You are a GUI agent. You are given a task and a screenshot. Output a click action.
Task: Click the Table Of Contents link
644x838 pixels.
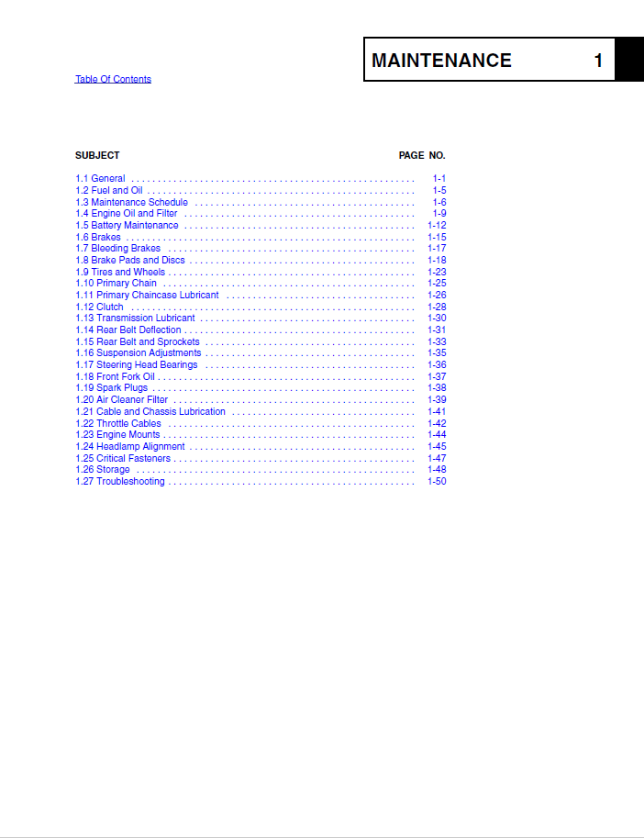[113, 80]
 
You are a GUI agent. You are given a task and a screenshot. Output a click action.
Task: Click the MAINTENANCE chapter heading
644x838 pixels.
[441, 61]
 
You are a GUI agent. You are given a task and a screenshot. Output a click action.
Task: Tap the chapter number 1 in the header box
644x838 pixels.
[598, 61]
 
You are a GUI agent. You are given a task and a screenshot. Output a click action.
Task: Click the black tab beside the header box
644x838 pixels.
[629, 60]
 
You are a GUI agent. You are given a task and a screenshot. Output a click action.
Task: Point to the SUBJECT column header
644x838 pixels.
[97, 155]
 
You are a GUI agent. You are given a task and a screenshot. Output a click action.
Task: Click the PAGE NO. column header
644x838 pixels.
[422, 155]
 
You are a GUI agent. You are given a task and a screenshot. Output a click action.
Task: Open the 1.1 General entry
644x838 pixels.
[100, 178]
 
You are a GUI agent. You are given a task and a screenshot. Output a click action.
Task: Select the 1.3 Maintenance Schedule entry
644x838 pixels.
[131, 202]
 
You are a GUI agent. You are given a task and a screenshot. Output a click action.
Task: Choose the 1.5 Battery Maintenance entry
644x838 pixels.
[127, 225]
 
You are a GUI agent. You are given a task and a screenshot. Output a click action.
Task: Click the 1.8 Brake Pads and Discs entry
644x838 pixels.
[129, 260]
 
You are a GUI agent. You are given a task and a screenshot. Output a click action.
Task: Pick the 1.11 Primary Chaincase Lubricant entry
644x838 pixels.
[147, 296]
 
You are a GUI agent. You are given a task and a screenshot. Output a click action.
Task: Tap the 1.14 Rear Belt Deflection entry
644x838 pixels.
[128, 330]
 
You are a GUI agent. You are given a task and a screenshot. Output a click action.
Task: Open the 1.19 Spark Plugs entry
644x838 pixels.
[111, 388]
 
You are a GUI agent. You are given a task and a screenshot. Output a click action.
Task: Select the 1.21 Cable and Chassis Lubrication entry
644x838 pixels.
[150, 411]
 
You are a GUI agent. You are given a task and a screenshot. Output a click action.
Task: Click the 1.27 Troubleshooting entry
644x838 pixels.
[120, 481]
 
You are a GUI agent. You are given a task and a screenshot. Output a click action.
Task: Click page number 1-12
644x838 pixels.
[437, 225]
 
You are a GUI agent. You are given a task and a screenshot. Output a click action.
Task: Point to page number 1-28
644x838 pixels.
[437, 307]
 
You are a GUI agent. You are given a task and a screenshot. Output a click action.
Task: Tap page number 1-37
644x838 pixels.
[437, 376]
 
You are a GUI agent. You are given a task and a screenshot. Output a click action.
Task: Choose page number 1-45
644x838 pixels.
[437, 446]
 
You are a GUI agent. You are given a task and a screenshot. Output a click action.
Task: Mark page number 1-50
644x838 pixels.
[437, 481]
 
